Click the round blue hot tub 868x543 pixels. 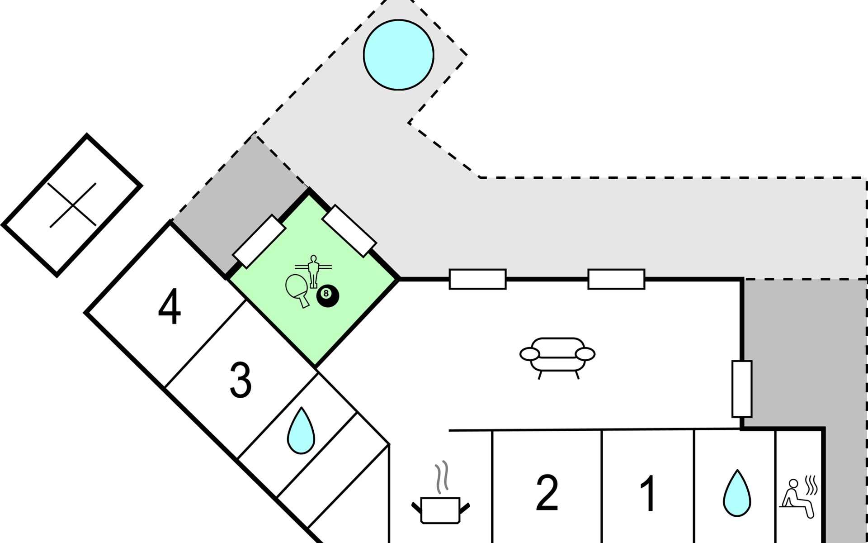tap(399, 55)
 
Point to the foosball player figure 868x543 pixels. tap(312, 269)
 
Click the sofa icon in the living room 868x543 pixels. tap(557, 356)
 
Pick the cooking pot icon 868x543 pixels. tap(440, 510)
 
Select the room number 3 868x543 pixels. tap(241, 381)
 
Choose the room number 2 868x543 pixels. tap(547, 493)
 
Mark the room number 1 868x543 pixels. tap(649, 493)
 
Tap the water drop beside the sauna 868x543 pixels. tap(737, 493)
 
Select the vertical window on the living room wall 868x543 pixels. tap(742, 389)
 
